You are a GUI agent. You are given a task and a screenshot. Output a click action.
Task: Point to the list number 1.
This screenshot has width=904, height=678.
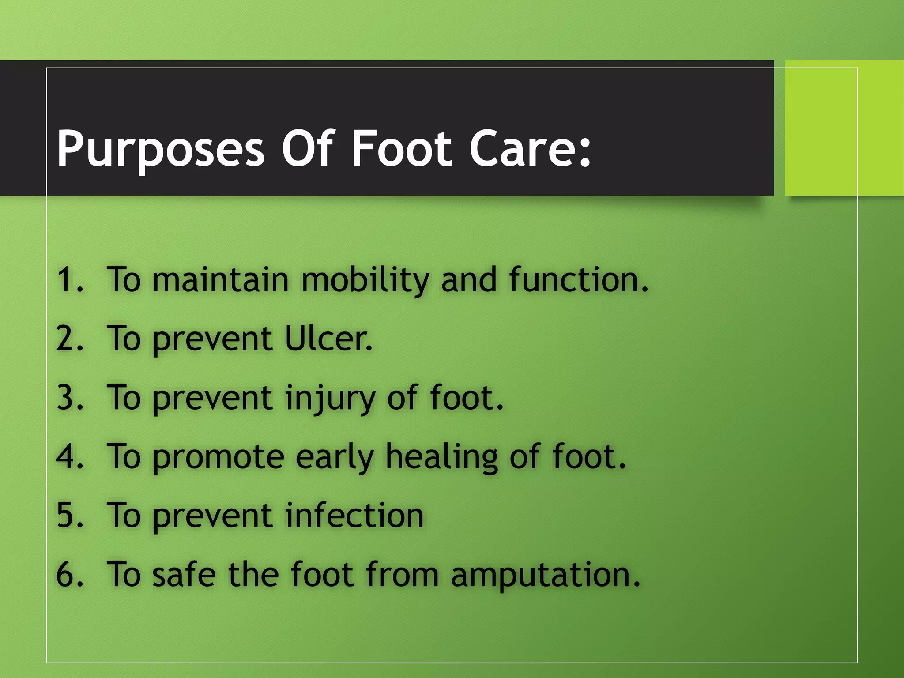click(x=67, y=280)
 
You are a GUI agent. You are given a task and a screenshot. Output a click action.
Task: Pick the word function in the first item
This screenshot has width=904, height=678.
click(x=578, y=280)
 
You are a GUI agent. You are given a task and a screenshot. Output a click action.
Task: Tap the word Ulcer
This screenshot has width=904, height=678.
click(x=328, y=339)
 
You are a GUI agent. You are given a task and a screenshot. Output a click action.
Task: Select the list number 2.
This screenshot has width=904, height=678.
click(x=67, y=339)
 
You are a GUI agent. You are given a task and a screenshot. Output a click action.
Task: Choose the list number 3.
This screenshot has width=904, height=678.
click(x=67, y=398)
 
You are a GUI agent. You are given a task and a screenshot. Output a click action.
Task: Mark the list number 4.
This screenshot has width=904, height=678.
click(x=67, y=456)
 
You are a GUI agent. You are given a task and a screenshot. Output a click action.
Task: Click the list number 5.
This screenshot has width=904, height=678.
click(x=67, y=516)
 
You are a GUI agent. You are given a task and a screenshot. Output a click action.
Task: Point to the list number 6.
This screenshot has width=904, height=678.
click(x=67, y=574)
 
